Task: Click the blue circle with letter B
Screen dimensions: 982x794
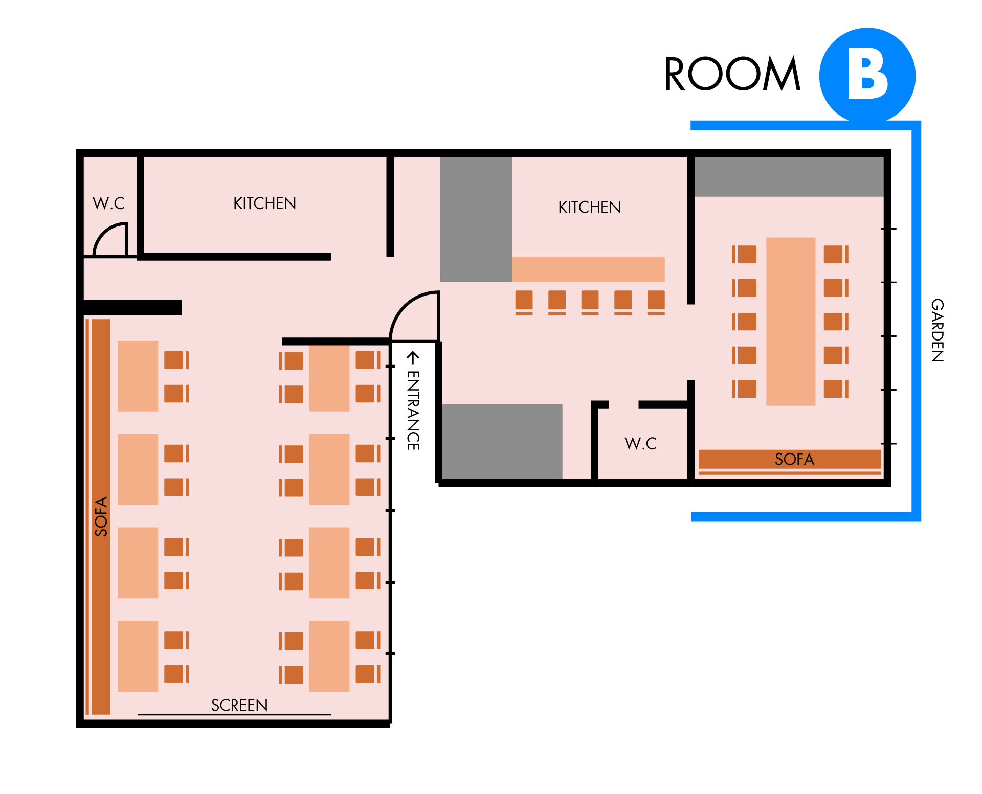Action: (x=867, y=76)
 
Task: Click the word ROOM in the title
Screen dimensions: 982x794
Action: (x=732, y=74)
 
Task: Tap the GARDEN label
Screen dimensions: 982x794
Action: (x=937, y=330)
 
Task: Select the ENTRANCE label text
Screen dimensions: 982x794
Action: (x=413, y=411)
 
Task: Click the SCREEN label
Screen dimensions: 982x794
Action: (x=239, y=705)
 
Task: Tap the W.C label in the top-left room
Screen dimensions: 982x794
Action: (x=108, y=203)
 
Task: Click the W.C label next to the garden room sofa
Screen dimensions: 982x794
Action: (x=640, y=443)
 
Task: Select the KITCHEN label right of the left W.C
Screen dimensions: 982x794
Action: (x=264, y=203)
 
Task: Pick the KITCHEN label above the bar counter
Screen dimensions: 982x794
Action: (x=589, y=207)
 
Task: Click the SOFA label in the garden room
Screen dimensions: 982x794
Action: (x=794, y=459)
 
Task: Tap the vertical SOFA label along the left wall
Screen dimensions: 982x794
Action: (x=101, y=516)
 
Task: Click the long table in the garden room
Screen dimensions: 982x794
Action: (x=791, y=322)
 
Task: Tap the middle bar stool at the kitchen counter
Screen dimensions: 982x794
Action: (x=590, y=302)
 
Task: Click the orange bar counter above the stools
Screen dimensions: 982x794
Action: (x=588, y=269)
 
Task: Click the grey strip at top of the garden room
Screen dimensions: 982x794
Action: (x=789, y=177)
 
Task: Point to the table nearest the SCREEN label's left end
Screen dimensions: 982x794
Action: (x=138, y=656)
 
